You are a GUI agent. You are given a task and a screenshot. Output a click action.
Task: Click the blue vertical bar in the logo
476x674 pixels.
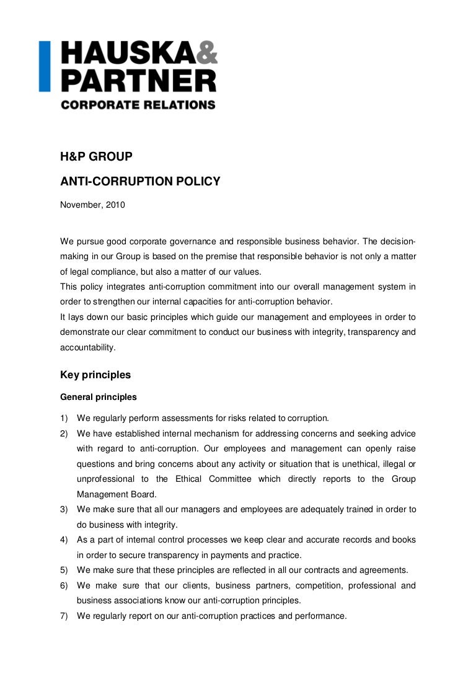click(x=44, y=66)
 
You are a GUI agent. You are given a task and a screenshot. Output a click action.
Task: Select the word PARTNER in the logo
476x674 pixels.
click(x=138, y=80)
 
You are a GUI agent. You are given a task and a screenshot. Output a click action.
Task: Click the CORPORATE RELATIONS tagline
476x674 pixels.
click(x=138, y=105)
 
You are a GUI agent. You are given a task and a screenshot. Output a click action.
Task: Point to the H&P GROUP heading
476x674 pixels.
click(x=96, y=157)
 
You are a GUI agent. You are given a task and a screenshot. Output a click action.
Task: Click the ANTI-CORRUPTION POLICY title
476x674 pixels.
click(x=140, y=181)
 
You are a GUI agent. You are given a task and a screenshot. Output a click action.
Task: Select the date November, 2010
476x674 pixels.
click(x=92, y=205)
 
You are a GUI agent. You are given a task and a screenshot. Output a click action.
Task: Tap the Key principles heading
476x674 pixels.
click(x=95, y=375)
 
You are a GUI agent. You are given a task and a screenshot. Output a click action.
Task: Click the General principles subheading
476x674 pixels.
click(x=99, y=397)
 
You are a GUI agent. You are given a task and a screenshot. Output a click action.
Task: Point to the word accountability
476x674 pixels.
click(x=87, y=347)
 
